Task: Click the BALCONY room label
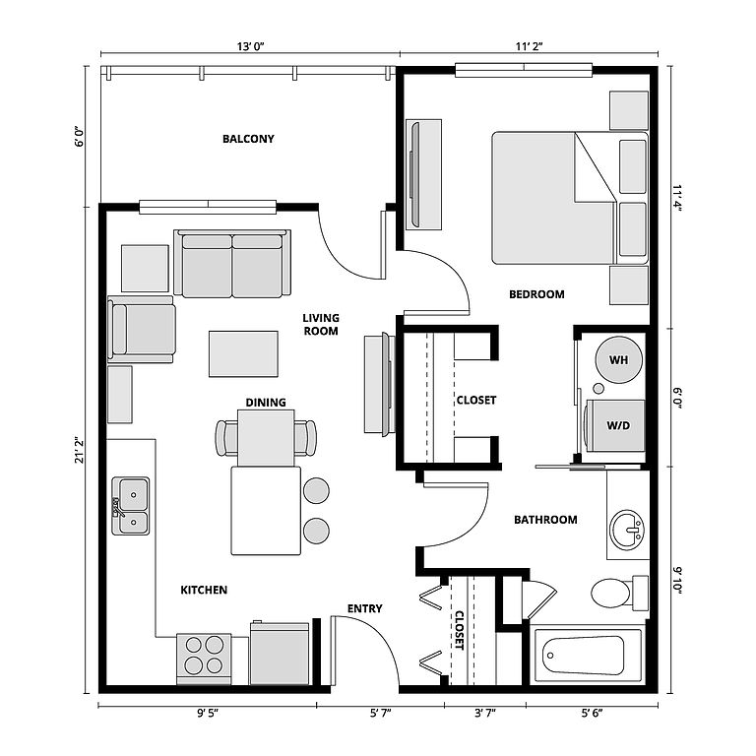coord(248,139)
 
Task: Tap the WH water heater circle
coord(618,359)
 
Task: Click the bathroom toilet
coord(613,592)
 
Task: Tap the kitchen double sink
coord(130,505)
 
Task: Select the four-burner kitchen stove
coord(205,657)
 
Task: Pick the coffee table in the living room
coord(243,353)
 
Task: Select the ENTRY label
coord(365,608)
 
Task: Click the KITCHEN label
coord(204,590)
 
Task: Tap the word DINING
coord(266,402)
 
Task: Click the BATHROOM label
coord(546,520)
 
